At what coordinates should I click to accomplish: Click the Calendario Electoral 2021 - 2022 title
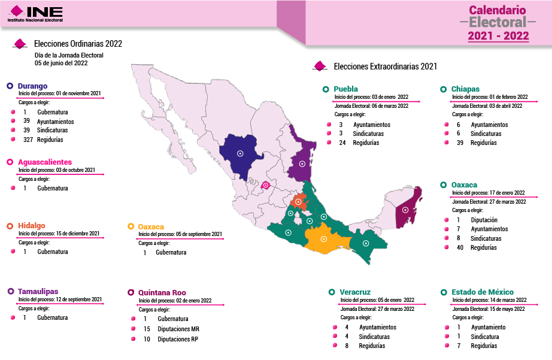pyautogui.click(x=498, y=23)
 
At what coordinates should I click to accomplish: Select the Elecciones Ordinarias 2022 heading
pyautogui.click(x=78, y=44)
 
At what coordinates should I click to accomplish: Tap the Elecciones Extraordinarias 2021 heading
pyautogui.click(x=385, y=66)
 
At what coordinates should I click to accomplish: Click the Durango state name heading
pyautogui.click(x=32, y=86)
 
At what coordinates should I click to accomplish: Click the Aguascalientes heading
pyautogui.click(x=45, y=162)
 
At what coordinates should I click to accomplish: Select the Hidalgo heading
pyautogui.click(x=31, y=225)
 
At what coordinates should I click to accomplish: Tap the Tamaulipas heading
pyautogui.click(x=38, y=291)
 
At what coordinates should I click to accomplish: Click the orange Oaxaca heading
pyautogui.click(x=151, y=226)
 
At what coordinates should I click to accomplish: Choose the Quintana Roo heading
pyautogui.click(x=162, y=292)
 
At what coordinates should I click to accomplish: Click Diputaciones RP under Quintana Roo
pyautogui.click(x=177, y=339)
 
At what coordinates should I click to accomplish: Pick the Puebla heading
pyautogui.click(x=345, y=89)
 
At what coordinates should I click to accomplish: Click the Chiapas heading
pyautogui.click(x=465, y=89)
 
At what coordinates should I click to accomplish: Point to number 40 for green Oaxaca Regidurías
pyautogui.click(x=460, y=247)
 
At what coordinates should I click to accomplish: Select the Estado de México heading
pyautogui.click(x=481, y=292)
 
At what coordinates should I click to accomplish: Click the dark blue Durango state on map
pyautogui.click(x=240, y=154)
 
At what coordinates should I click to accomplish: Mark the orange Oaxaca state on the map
pyautogui.click(x=323, y=238)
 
